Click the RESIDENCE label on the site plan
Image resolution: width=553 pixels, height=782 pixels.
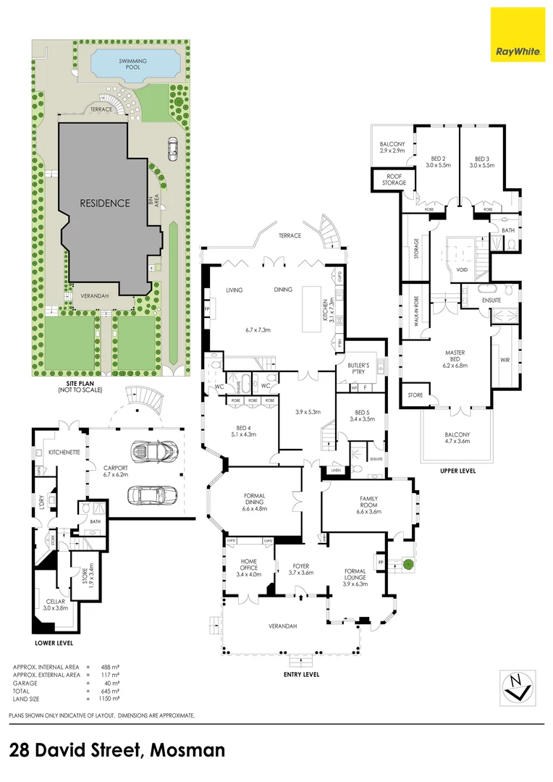105,203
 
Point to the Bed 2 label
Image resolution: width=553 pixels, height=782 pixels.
438,161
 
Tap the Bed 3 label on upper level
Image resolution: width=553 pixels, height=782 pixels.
481,161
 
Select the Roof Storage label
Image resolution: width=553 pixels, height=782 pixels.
394,180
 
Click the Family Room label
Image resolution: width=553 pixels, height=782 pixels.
368,503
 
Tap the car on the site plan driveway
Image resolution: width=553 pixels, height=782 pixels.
172,148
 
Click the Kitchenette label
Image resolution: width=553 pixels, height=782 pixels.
63,452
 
